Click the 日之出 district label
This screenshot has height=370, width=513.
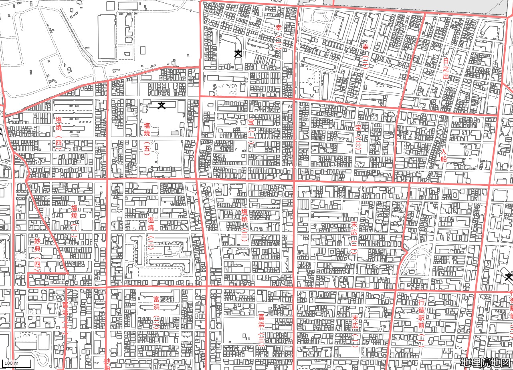446,68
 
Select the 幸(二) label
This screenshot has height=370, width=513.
279,36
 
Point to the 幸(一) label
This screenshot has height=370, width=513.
365,56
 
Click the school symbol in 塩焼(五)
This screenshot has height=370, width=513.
162,105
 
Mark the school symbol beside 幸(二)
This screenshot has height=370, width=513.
238,53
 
